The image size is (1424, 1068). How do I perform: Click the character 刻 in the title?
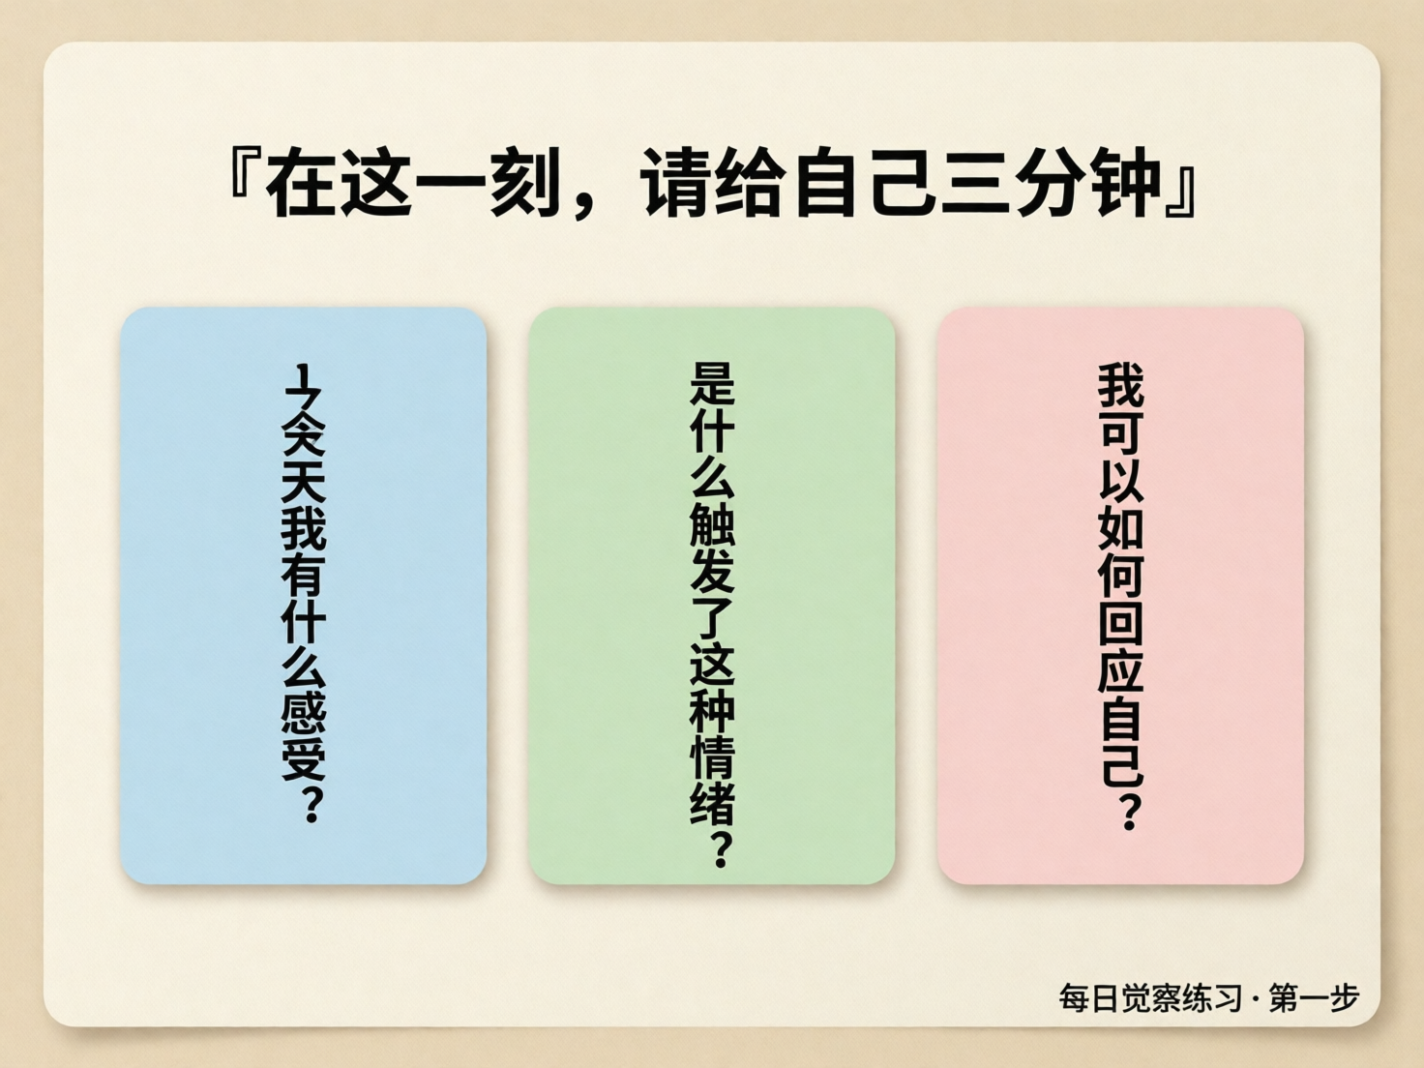point(524,181)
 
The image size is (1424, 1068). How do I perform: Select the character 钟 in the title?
point(1125,181)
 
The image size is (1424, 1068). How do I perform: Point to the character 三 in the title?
point(976,181)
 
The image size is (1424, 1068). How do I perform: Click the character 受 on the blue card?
point(304,756)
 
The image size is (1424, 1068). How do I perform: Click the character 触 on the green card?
point(712,524)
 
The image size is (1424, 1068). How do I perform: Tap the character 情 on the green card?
point(712,756)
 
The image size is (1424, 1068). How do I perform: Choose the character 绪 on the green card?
point(712,802)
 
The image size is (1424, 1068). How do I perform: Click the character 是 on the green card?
point(712,385)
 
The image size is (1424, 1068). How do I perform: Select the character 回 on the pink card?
point(1120,621)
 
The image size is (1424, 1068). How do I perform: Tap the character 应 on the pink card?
point(1120,669)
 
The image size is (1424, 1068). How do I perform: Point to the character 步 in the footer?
point(1343,997)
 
